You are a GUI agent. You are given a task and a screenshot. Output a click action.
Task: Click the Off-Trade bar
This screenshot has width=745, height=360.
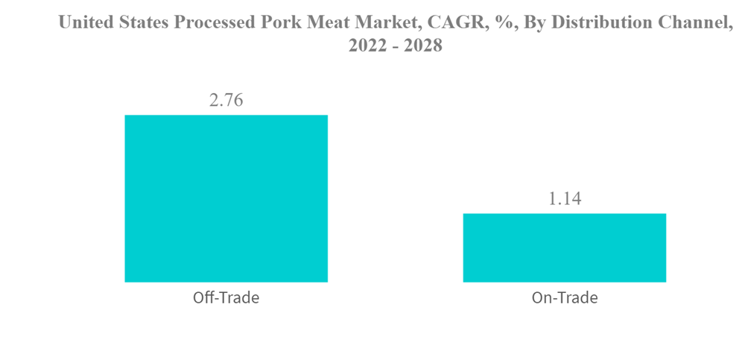(x=226, y=198)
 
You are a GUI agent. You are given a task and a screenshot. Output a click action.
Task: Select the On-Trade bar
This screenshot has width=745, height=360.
(x=564, y=247)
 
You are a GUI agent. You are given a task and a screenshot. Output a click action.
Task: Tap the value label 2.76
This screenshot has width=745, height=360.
(x=226, y=100)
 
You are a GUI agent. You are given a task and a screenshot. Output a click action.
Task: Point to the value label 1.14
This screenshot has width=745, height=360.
(x=564, y=199)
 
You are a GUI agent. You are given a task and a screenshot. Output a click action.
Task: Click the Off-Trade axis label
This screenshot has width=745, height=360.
(x=226, y=298)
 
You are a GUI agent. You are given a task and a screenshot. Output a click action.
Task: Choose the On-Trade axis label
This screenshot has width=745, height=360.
(x=564, y=298)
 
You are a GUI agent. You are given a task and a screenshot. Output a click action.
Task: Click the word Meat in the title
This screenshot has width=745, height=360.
(x=327, y=22)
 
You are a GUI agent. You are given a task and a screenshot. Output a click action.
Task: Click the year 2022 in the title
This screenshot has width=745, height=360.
(x=364, y=46)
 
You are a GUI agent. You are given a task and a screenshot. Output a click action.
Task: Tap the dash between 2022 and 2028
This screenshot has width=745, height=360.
(x=393, y=47)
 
